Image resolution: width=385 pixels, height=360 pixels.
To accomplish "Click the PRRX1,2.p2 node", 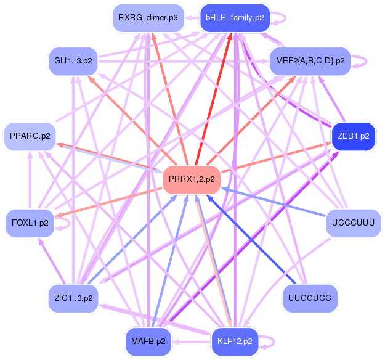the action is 192,179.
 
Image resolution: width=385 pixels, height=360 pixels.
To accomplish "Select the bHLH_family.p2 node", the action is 235,18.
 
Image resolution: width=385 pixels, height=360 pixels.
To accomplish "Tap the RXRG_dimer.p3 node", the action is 148,18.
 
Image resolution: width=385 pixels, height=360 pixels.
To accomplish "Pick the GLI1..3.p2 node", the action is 73,61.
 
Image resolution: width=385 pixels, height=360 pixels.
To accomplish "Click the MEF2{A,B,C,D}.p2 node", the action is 310,61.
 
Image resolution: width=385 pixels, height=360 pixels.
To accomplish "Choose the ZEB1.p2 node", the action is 354,136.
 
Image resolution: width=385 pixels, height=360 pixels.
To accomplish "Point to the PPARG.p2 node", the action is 30,136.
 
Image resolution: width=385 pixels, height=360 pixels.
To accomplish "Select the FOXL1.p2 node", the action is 30,223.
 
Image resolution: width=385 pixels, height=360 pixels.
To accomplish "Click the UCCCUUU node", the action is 354,223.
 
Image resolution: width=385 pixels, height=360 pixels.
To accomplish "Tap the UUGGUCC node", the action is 310,298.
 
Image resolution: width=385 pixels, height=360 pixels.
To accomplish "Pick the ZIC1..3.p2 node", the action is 73,298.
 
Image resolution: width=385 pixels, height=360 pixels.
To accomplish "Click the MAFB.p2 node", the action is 148,342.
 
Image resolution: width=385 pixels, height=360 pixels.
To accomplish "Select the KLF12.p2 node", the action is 235,342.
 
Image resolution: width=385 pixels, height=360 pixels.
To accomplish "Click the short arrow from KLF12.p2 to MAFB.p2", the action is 192,342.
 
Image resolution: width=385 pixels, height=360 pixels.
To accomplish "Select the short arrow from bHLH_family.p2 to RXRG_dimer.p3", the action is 192,18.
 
